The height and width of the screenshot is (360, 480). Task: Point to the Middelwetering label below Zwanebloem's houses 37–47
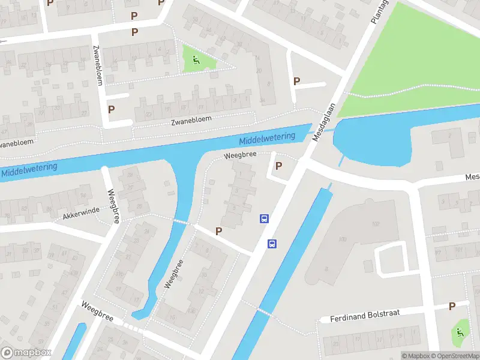click(x=29, y=169)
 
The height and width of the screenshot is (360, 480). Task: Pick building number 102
click(x=376, y=224)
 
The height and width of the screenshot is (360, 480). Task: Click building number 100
click(x=343, y=239)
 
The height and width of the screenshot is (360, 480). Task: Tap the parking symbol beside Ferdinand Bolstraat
click(x=452, y=306)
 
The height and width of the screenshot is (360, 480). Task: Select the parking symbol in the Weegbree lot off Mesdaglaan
click(x=278, y=166)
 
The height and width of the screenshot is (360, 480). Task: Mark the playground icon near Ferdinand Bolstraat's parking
click(x=460, y=332)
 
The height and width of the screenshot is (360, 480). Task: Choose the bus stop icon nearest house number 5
click(x=263, y=218)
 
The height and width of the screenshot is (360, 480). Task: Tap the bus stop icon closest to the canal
click(x=272, y=244)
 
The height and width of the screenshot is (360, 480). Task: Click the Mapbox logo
click(x=26, y=353)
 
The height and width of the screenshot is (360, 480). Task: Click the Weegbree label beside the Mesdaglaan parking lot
click(x=240, y=155)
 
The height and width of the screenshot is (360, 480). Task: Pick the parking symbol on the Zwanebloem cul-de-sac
click(x=111, y=109)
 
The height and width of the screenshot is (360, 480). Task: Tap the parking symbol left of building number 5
click(x=218, y=231)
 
